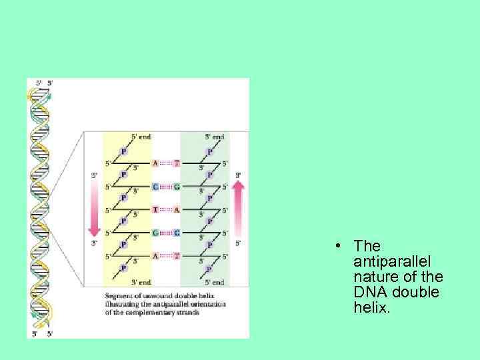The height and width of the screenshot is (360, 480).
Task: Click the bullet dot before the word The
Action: [339, 246]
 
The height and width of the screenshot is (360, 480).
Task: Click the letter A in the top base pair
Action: [155, 163]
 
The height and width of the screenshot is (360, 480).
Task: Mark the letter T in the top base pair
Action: [176, 163]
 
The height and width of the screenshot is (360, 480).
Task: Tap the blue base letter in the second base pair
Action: [155, 187]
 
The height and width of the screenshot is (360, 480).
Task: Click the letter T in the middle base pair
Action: [155, 209]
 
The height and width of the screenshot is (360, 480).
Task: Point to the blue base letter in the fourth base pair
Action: [155, 233]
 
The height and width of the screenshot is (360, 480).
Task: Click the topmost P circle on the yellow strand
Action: [123, 151]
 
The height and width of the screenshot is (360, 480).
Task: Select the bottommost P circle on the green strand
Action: [209, 268]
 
